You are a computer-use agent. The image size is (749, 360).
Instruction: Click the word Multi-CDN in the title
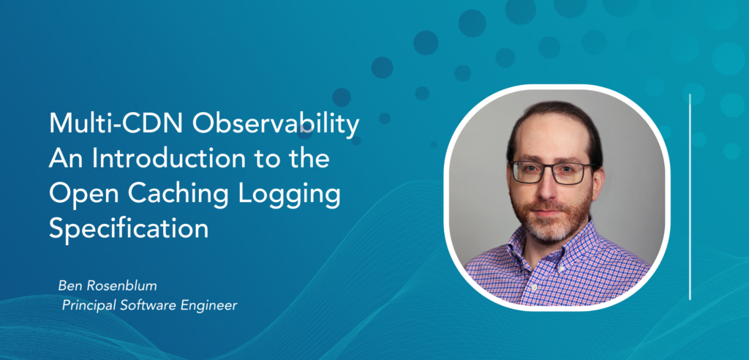point(116,124)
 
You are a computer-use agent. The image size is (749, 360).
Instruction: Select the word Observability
point(274,125)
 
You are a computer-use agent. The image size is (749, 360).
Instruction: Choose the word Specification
point(129,230)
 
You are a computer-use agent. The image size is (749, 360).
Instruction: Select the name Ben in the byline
point(67,286)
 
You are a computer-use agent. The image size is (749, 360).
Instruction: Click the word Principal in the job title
point(84,306)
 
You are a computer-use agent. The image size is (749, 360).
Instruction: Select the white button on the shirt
point(533,288)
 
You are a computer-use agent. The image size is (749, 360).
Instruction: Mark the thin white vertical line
point(690,197)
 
